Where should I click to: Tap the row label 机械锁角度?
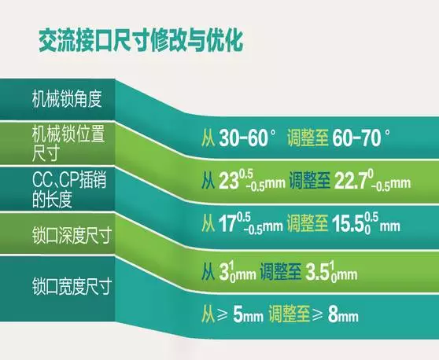pyautogui.click(x=67, y=99)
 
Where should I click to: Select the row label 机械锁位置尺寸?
pyautogui.click(x=68, y=143)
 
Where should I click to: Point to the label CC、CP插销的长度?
pyautogui.click(x=69, y=189)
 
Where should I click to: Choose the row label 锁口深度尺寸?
pyautogui.click(x=72, y=236)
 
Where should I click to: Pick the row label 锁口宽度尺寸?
pyautogui.click(x=72, y=286)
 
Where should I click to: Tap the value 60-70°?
pyautogui.click(x=361, y=138)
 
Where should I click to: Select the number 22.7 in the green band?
pyautogui.click(x=350, y=182)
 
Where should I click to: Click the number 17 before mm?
pyautogui.click(x=227, y=224)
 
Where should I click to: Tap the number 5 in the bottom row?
pyautogui.click(x=237, y=314)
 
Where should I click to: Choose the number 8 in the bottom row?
pyautogui.click(x=332, y=314)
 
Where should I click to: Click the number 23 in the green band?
pyautogui.click(x=229, y=182)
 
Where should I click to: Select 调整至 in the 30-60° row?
pyautogui.click(x=308, y=138)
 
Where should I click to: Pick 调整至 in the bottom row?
pyautogui.click(x=290, y=314)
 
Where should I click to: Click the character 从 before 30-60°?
pyautogui.click(x=208, y=138)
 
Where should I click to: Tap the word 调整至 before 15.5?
pyautogui.click(x=308, y=224)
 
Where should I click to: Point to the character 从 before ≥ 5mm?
pyautogui.click(x=208, y=314)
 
